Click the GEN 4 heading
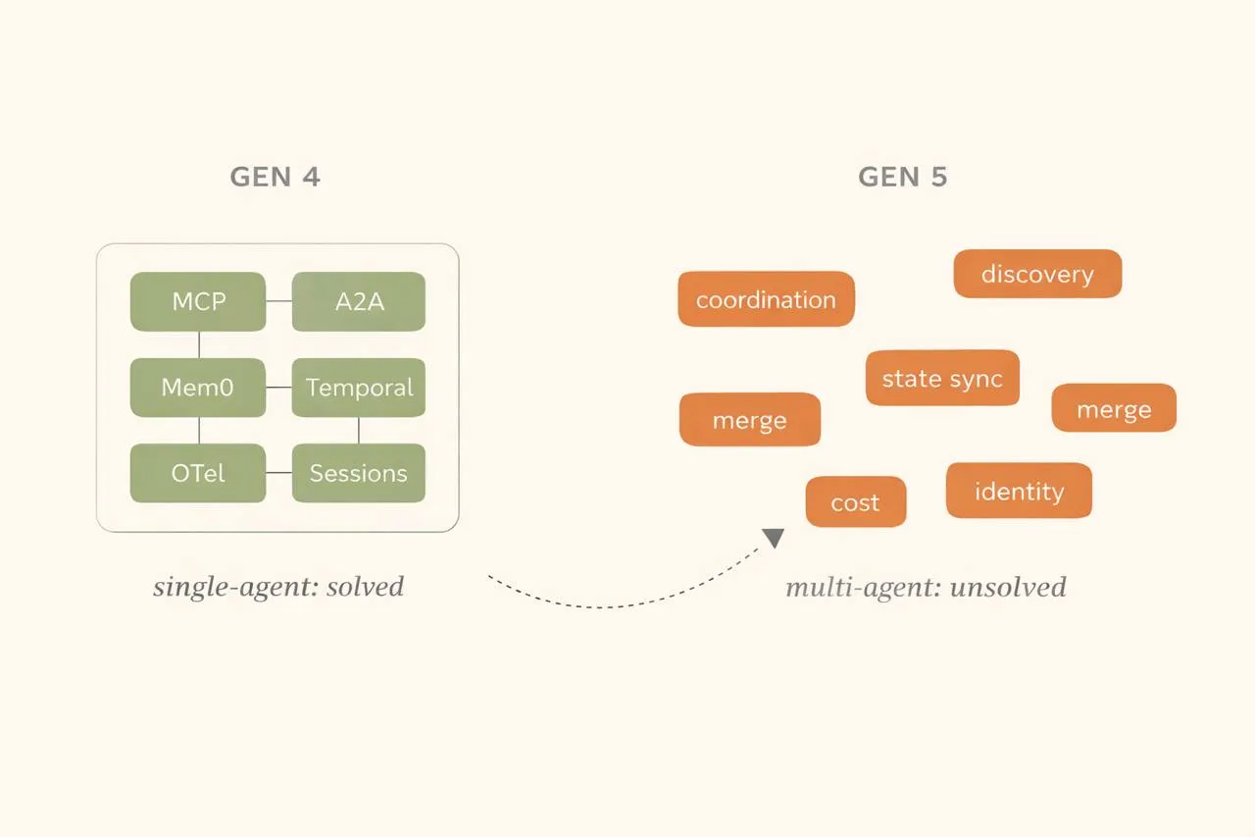point(276,177)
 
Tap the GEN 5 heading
point(902,177)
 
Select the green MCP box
point(198,301)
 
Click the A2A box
point(359,301)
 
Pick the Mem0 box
point(198,387)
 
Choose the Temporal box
point(359,387)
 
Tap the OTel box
point(198,473)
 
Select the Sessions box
point(359,473)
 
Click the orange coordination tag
point(766,299)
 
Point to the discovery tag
point(1037,274)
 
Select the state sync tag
point(942,378)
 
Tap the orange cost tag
point(856,502)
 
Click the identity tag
point(1019,491)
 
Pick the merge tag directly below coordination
point(750,420)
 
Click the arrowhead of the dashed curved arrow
point(774,538)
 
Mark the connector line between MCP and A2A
point(279,301)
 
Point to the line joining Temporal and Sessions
point(359,430)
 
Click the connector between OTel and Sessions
point(279,473)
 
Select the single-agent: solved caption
point(278,587)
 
